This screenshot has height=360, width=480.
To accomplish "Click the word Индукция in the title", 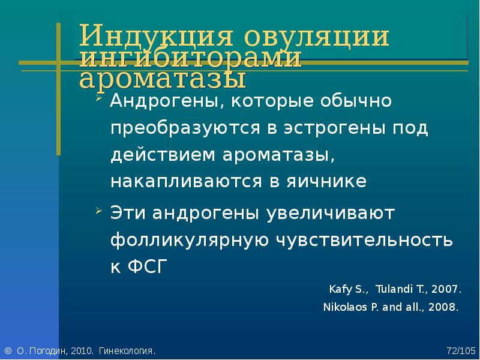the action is pyautogui.click(x=156, y=36).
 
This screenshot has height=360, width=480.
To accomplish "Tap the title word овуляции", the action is pyautogui.click(x=317, y=36).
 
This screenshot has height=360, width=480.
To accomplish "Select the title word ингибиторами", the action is pyautogui.click(x=190, y=57).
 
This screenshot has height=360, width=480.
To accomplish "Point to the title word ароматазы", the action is pyautogui.click(x=163, y=79).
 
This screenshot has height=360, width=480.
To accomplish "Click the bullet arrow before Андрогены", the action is pyautogui.click(x=98, y=98).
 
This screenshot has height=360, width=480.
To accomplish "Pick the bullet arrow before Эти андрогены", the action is pyautogui.click(x=98, y=211).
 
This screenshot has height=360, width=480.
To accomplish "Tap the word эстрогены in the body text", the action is pyautogui.click(x=334, y=128).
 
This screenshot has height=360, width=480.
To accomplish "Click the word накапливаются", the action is pyautogui.click(x=186, y=181).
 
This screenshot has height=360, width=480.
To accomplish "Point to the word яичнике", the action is pyautogui.click(x=326, y=181).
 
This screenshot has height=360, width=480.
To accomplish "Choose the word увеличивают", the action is pyautogui.click(x=331, y=214).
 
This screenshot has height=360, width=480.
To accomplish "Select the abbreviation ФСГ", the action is pyautogui.click(x=148, y=266).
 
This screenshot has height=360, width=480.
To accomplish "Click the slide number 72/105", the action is pyautogui.click(x=461, y=350).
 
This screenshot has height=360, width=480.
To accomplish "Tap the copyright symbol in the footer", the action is pyautogui.click(x=8, y=350).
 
